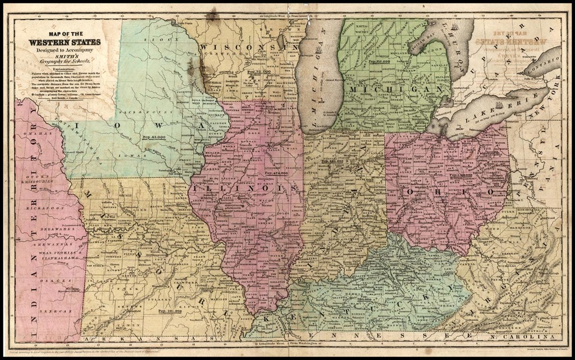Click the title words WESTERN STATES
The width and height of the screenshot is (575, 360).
tap(65, 42)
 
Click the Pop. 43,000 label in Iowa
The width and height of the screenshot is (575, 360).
tap(153, 137)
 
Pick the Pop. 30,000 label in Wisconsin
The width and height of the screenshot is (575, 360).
tap(258, 72)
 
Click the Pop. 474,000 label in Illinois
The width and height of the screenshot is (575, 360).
tap(276, 173)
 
